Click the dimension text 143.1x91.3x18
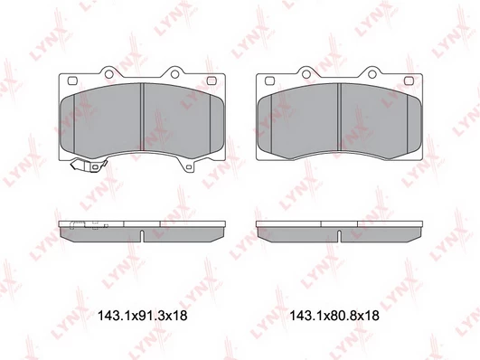142,316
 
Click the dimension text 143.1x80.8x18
334,316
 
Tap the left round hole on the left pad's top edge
108,74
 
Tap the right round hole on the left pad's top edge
174,74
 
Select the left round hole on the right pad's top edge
306,74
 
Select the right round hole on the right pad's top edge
372,74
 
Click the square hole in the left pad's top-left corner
72,81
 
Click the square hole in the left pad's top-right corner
212,81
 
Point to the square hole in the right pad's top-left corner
269,81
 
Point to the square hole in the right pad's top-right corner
409,81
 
